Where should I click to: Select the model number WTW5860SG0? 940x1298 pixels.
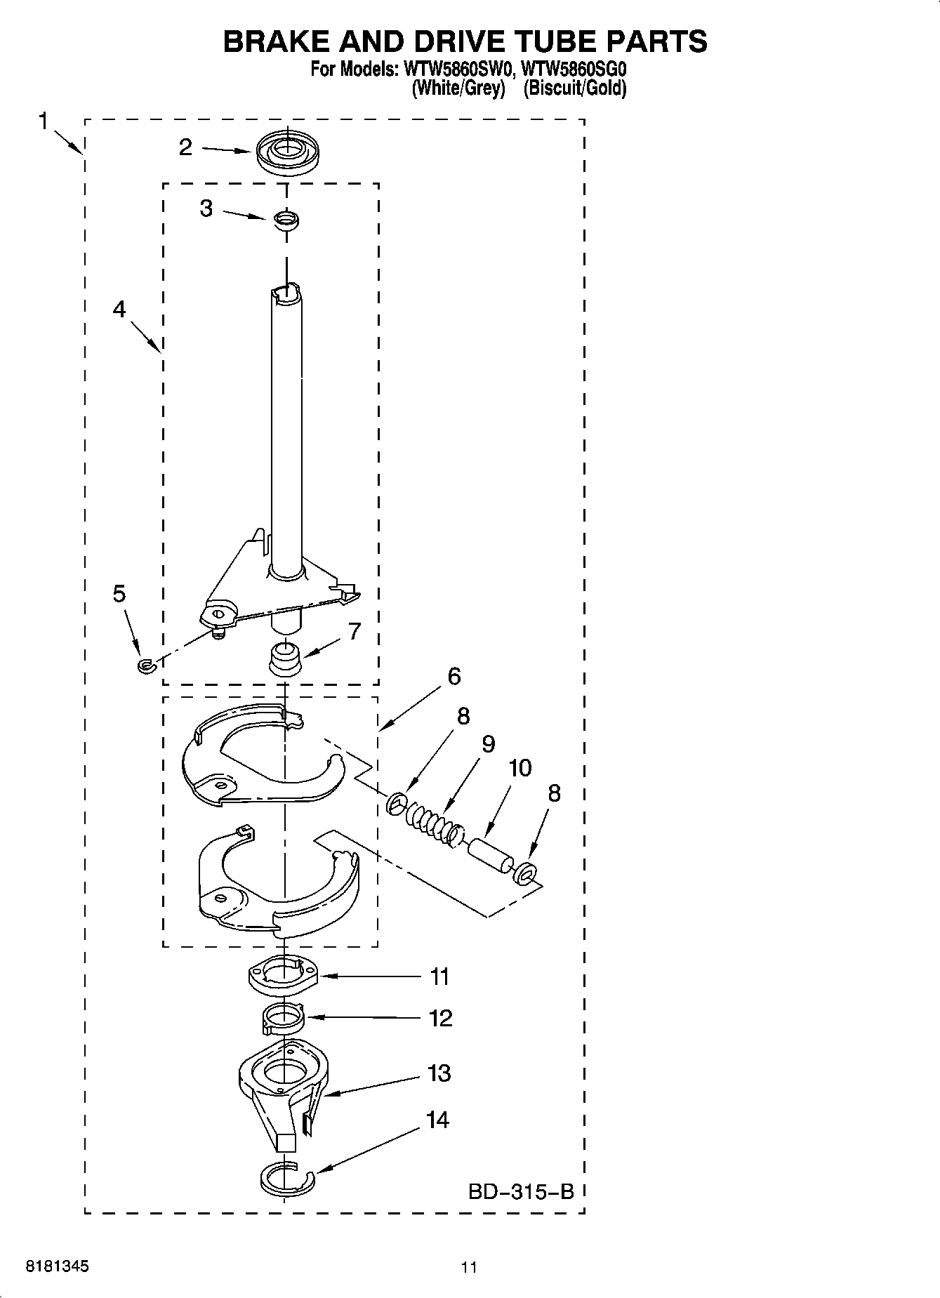[x=574, y=70]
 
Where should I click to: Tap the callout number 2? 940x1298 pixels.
[x=185, y=147]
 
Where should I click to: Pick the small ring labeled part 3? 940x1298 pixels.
[x=286, y=220]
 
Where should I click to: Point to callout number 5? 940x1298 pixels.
[x=119, y=593]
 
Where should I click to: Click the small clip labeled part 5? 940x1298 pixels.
[x=145, y=665]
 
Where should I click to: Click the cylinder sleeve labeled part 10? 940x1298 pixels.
[x=489, y=855]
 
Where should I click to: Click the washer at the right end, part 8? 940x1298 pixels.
[x=525, y=874]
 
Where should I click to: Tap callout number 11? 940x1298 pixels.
[x=439, y=976]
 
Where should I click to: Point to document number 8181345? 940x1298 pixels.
[x=58, y=1266]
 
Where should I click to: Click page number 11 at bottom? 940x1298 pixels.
[x=469, y=1267]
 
